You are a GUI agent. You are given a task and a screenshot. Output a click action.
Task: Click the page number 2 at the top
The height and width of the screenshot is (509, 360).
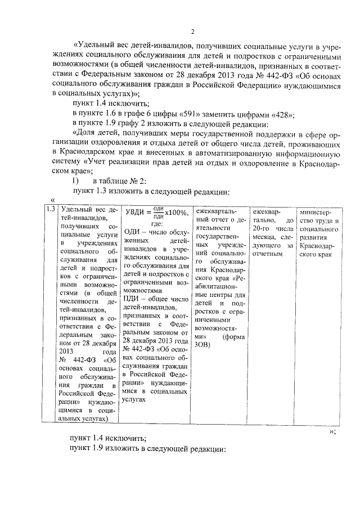[192, 31]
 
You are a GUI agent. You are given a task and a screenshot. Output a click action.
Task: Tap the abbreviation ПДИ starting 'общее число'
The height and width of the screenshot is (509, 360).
[132, 297]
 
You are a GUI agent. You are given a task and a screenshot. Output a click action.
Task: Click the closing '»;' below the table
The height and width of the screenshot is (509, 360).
[332, 431]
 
